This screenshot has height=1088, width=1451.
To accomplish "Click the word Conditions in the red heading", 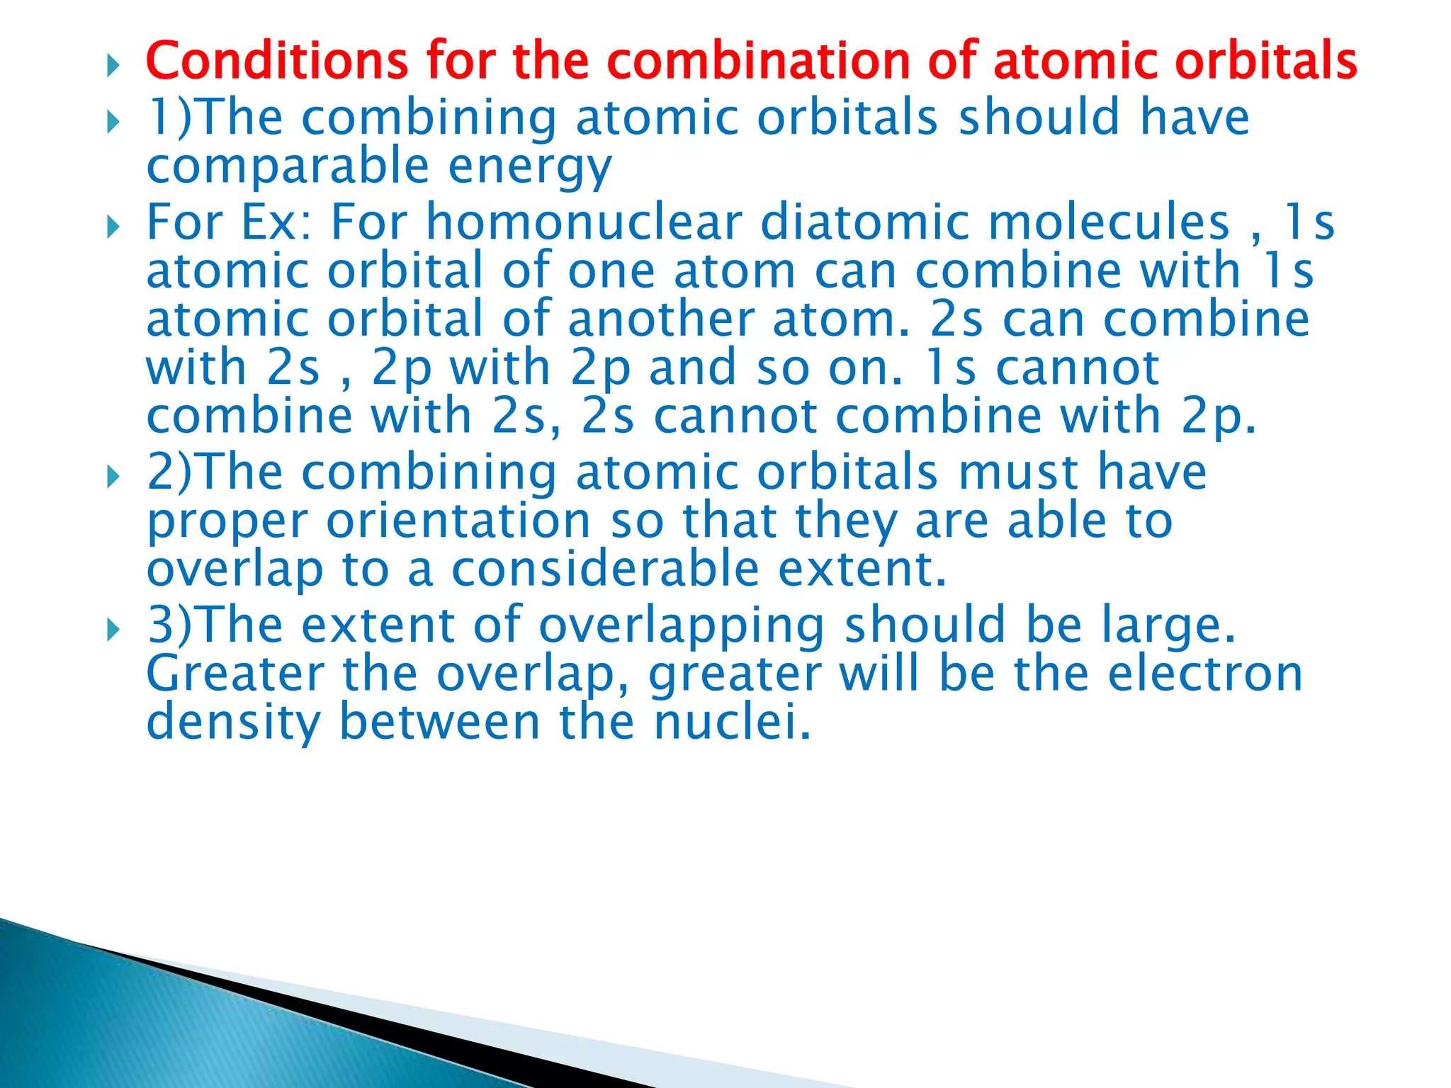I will tap(276, 60).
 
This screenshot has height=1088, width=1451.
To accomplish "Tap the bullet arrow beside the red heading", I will tap(113, 67).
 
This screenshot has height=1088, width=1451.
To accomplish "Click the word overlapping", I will tap(682, 626).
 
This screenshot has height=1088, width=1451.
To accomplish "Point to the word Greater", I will tap(235, 674).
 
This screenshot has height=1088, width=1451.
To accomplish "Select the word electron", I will tap(1205, 674).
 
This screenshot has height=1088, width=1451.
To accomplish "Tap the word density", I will tap(233, 722).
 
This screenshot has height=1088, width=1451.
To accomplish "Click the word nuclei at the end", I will tap(732, 722).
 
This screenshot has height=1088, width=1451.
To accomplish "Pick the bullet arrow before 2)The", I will tap(113, 478).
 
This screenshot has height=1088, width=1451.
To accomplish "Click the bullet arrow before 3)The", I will tap(113, 629).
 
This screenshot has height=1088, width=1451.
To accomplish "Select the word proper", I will tap(227, 523).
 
